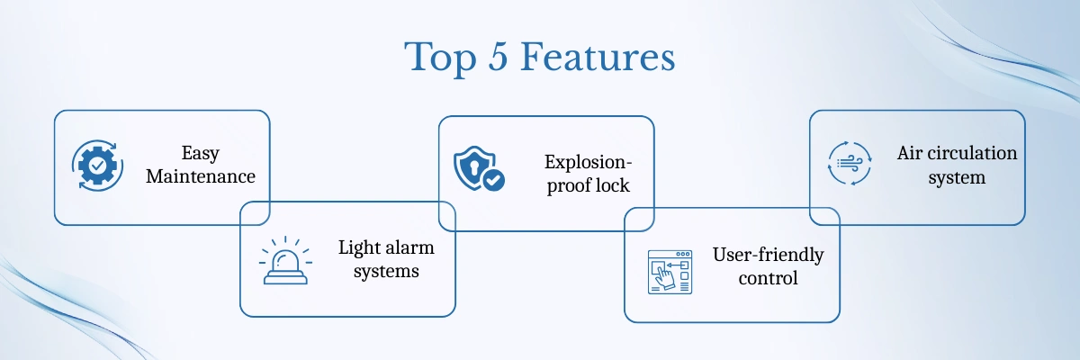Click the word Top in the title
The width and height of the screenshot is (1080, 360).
point(440,58)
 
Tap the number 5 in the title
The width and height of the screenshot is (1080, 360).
point(498,58)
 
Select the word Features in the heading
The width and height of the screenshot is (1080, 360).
point(598,57)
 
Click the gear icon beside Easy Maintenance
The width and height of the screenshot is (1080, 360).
point(97,166)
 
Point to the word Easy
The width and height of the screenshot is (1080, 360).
point(201,154)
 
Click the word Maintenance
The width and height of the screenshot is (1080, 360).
point(201,176)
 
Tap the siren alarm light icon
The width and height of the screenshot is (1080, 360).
point(285,261)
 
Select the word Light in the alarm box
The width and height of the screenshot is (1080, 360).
point(358,248)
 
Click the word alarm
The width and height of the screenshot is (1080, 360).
point(409,247)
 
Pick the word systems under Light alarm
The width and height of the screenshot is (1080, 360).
point(386,272)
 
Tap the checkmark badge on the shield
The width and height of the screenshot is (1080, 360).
point(493,181)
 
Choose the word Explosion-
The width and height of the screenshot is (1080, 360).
point(589,163)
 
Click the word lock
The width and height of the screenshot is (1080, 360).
point(613,185)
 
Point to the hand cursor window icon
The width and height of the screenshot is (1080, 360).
point(670,273)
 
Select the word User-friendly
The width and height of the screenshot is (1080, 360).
point(768,256)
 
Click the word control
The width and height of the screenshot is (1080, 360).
point(768,278)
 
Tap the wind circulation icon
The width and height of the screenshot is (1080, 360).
point(850,164)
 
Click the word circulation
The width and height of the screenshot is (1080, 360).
point(972,153)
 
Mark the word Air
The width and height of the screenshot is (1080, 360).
point(909,153)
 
